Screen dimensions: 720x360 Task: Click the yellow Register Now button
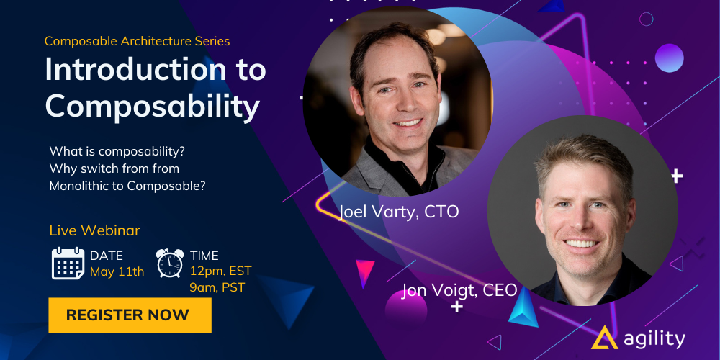(130, 315)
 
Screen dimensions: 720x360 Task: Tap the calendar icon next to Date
(68, 263)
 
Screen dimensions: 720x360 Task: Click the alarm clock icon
(170, 263)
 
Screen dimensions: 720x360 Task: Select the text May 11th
(117, 271)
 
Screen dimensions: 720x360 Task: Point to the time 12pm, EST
(221, 271)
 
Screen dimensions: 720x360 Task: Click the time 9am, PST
(217, 287)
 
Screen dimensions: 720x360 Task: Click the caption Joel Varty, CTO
(399, 212)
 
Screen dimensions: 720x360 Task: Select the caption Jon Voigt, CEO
(459, 291)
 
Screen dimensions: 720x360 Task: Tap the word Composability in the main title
(153, 106)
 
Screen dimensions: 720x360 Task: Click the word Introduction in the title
(136, 70)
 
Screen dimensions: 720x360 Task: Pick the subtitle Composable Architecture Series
(138, 41)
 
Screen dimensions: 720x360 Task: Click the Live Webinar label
(94, 230)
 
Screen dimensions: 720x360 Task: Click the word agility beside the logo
(654, 339)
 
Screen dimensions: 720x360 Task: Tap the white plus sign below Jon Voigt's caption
(456, 307)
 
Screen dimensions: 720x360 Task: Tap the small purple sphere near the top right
(669, 58)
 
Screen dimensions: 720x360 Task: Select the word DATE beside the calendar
(107, 256)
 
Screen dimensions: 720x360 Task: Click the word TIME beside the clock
(204, 256)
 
